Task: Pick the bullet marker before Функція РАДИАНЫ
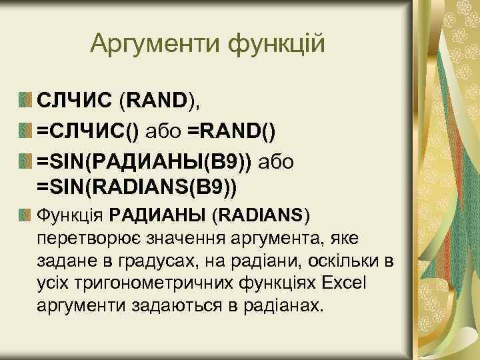coord(25,215)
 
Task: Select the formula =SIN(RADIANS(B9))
coord(137,184)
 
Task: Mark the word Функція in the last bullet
coord(71,216)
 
